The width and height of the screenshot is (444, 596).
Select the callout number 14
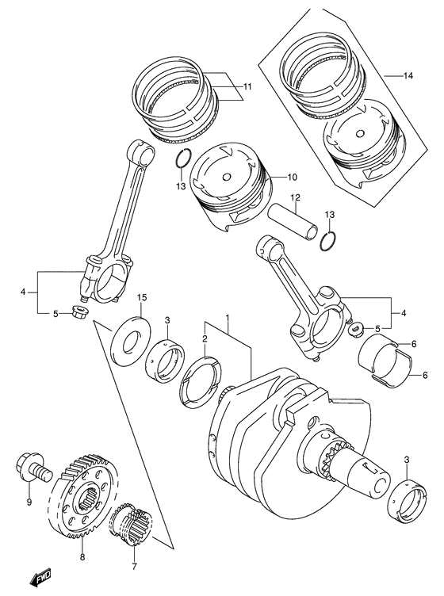pyautogui.click(x=408, y=76)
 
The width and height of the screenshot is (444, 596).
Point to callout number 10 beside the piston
pyautogui.click(x=293, y=177)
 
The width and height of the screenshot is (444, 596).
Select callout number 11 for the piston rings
pyautogui.click(x=248, y=86)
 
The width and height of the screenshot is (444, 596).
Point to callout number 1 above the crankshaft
pyautogui.click(x=227, y=317)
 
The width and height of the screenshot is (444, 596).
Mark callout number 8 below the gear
pyautogui.click(x=82, y=557)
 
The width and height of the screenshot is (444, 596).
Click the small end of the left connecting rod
pyautogui.click(x=141, y=153)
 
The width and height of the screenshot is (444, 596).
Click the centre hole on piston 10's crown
pyautogui.click(x=227, y=177)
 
